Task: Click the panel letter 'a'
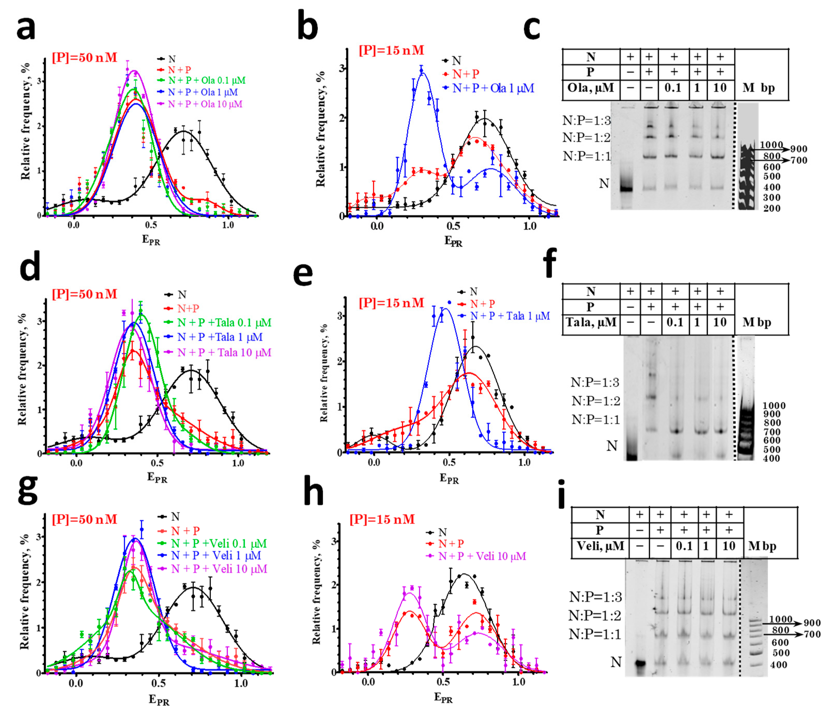tap(26, 29)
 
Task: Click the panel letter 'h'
tap(313, 493)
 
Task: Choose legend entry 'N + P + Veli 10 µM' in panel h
tap(482, 556)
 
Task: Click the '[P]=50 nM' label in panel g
tap(84, 520)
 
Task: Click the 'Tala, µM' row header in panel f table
tap(591, 322)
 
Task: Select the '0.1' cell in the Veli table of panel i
tap(684, 546)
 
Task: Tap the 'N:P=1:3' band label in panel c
tap(586, 120)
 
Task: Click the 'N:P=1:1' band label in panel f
tap(596, 420)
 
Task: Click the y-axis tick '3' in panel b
tap(341, 68)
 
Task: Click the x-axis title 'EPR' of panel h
tap(443, 698)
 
